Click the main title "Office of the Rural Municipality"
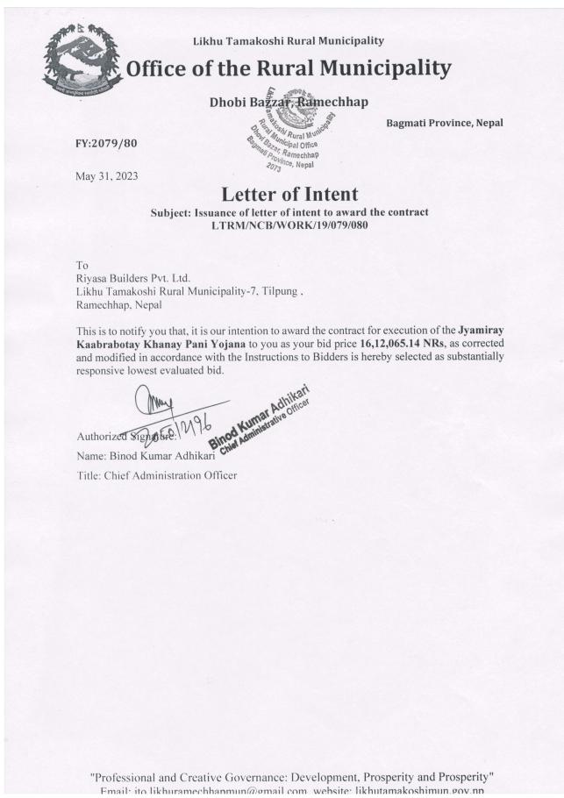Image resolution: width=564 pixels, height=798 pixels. point(289,68)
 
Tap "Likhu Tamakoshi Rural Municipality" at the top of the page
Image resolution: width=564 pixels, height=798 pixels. point(288,40)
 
